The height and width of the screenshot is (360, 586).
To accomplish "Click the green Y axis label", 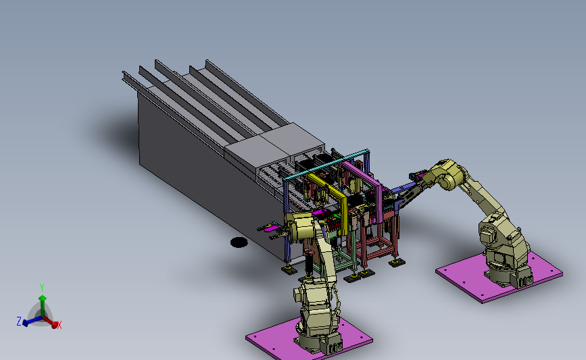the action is (x=42, y=288).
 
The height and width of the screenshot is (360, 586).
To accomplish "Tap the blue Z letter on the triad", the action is (x=19, y=321).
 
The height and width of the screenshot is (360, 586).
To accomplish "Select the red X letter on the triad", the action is (x=59, y=325).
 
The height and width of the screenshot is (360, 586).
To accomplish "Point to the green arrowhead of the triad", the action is (x=43, y=298).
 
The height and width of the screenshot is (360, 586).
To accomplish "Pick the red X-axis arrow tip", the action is (x=55, y=324).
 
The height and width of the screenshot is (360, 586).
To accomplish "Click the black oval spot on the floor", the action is (x=239, y=242).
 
